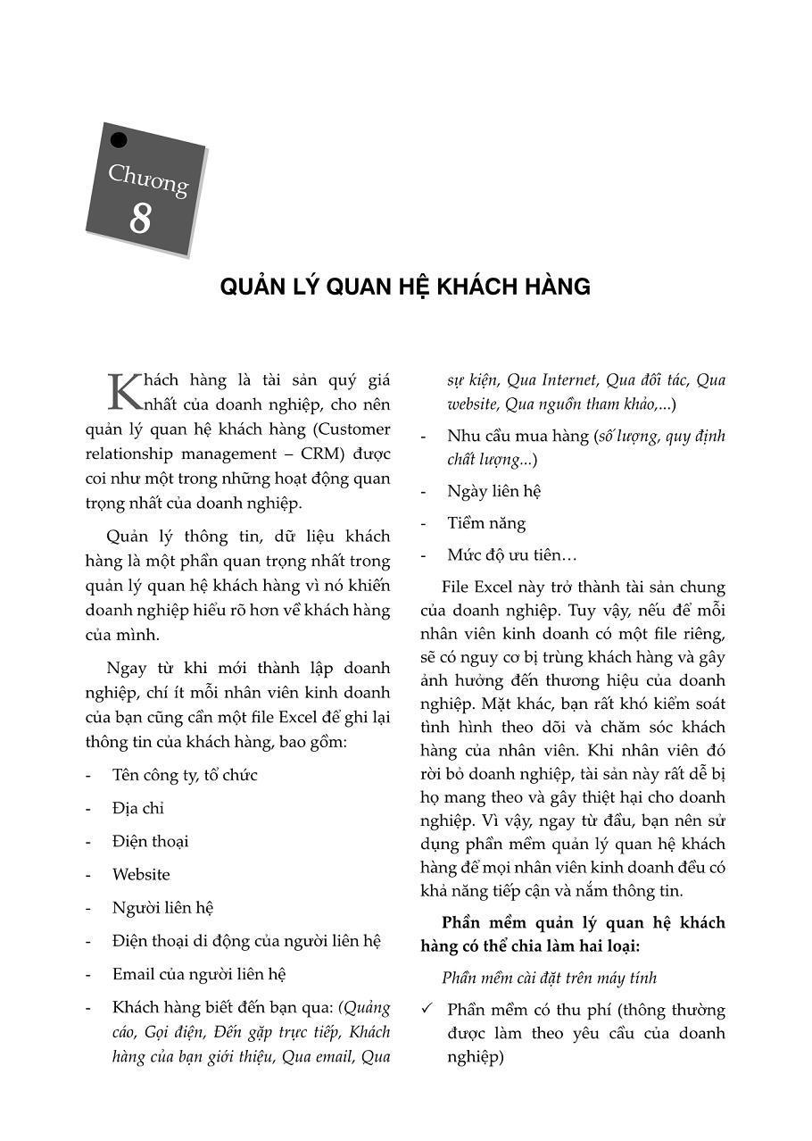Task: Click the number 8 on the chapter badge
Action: [140, 219]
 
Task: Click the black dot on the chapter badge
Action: [118, 140]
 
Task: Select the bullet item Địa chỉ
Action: [138, 808]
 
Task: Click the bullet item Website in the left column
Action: [141, 874]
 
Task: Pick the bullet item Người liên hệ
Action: [162, 908]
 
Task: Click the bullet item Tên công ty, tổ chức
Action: [185, 775]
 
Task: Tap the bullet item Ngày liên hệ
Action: [494, 491]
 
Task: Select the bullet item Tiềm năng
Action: [486, 523]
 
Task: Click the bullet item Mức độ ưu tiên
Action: [511, 555]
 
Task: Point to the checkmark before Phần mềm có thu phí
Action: [427, 1010]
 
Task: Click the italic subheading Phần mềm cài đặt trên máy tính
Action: [549, 979]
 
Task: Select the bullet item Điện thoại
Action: [150, 841]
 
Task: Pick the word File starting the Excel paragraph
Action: [456, 587]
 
